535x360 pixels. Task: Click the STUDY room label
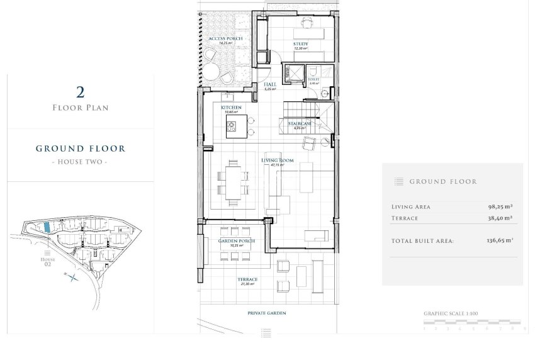click(x=300, y=43)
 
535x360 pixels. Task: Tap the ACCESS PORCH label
click(x=225, y=39)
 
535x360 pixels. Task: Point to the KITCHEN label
click(x=231, y=108)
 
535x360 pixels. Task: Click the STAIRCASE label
click(x=300, y=124)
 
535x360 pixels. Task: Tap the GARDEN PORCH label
click(x=236, y=241)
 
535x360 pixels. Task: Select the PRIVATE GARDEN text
click(x=267, y=312)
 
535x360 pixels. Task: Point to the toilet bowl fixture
click(x=313, y=70)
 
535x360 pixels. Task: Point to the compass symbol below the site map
click(x=74, y=276)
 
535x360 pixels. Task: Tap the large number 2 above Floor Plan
click(x=80, y=93)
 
